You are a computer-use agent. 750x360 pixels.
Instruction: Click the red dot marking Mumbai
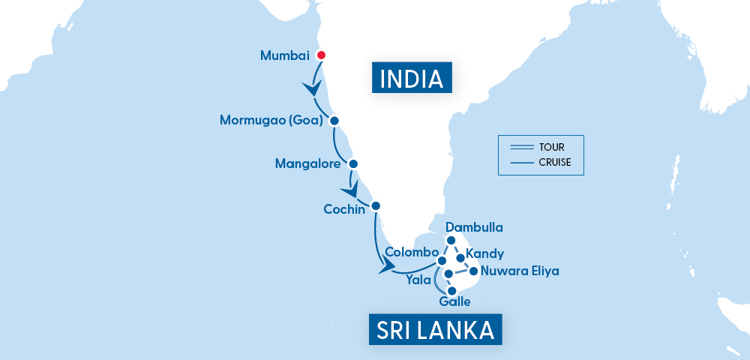click(321, 55)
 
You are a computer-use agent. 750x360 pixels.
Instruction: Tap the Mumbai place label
click(284, 55)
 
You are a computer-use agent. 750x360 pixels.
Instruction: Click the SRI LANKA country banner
click(435, 329)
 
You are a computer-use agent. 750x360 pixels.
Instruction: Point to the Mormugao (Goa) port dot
click(334, 121)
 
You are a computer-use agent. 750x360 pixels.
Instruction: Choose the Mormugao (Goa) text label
click(271, 121)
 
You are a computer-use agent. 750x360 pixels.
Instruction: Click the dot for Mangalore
click(353, 163)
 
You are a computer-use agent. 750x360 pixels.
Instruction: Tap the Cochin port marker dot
click(376, 205)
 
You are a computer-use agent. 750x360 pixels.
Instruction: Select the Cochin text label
click(344, 209)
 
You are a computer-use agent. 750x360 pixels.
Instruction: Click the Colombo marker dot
click(431, 261)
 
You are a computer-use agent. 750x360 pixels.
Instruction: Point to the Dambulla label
click(473, 226)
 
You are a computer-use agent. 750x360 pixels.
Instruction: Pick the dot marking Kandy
click(460, 258)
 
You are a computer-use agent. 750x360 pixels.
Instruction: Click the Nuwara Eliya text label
click(520, 271)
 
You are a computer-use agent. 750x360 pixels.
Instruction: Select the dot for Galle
click(451, 290)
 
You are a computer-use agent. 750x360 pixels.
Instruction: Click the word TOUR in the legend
click(551, 147)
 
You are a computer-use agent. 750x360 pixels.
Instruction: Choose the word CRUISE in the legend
click(555, 161)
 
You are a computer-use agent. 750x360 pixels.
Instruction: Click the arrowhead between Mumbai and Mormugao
click(312, 89)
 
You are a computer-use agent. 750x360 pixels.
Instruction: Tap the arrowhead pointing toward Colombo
click(388, 267)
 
